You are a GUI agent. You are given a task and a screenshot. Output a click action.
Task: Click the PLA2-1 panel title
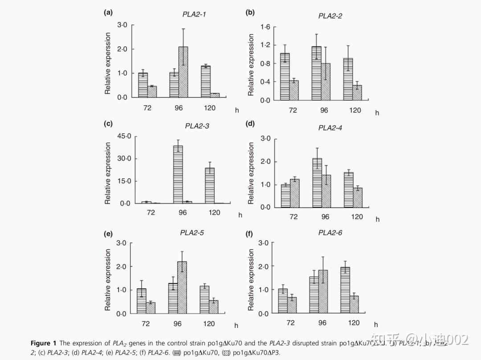pos(194,14)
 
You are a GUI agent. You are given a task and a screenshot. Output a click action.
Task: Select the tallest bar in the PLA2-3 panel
pos(178,174)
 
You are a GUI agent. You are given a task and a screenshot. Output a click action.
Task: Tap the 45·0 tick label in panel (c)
pos(124,136)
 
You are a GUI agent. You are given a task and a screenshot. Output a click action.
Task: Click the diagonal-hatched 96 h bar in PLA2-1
pos(183,72)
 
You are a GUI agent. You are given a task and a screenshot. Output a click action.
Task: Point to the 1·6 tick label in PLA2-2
pos(265,27)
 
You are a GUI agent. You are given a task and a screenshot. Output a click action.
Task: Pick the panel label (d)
pos(250,123)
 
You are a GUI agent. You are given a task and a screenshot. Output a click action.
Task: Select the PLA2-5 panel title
pos(192,232)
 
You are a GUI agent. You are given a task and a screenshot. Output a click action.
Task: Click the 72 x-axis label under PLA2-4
pos(293,217)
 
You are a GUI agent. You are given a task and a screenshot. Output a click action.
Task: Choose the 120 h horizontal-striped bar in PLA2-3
pos(209,185)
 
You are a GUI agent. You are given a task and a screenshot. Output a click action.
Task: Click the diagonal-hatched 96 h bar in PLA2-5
pos(182,287)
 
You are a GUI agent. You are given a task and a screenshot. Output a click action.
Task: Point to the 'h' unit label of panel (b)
pos(377,113)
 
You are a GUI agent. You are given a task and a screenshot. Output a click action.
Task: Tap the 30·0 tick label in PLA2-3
pos(124,159)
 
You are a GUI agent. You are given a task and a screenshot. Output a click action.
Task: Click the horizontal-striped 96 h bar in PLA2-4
pos(317,183)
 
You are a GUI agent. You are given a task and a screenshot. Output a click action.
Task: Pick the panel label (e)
pos(108,233)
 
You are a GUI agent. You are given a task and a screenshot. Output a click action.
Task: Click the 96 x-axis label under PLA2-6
pos(322,323)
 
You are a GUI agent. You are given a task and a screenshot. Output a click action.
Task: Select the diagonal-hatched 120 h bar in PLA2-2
pos(357,93)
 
